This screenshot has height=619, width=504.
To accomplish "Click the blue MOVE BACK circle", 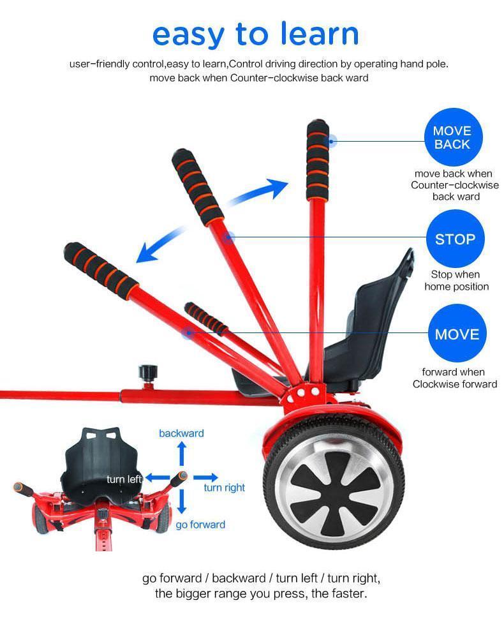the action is (453, 137).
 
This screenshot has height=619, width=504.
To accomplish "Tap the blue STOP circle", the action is (456, 239).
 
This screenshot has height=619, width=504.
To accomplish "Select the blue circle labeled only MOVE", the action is (457, 334).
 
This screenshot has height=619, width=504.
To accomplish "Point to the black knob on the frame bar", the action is (148, 372).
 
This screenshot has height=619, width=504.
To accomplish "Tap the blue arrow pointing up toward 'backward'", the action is (182, 454).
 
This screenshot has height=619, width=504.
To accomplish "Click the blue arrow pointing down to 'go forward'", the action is (182, 501).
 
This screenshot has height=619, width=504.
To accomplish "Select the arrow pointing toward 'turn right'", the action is (205, 477).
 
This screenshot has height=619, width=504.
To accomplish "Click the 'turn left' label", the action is (124, 479).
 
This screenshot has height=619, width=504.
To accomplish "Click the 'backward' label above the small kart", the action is (182, 433).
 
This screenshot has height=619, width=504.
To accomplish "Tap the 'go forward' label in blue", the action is (200, 525).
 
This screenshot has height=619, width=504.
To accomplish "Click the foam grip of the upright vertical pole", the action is (317, 160).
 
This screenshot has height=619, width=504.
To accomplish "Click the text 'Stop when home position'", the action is (456, 280).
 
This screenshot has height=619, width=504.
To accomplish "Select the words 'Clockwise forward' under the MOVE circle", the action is (455, 384).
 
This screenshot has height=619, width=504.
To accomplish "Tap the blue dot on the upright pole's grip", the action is (332, 141).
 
